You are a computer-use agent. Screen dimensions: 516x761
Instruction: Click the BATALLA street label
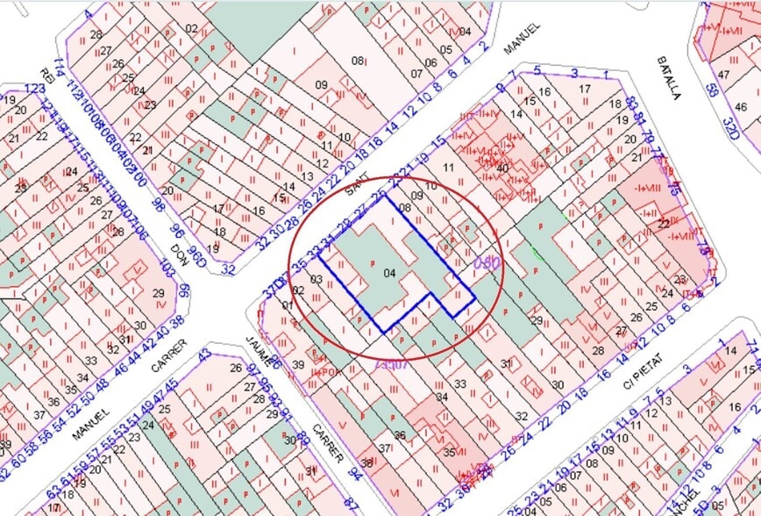click(668, 78)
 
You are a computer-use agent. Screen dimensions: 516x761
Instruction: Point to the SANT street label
click(354, 185)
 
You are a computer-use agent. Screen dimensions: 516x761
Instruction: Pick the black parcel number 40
click(502, 168)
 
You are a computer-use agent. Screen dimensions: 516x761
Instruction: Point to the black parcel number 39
click(298, 364)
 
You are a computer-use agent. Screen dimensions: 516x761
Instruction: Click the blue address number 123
click(35, 89)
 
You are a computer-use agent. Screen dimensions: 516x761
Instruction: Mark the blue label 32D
click(727, 121)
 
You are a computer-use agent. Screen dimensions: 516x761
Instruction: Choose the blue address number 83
click(631, 105)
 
